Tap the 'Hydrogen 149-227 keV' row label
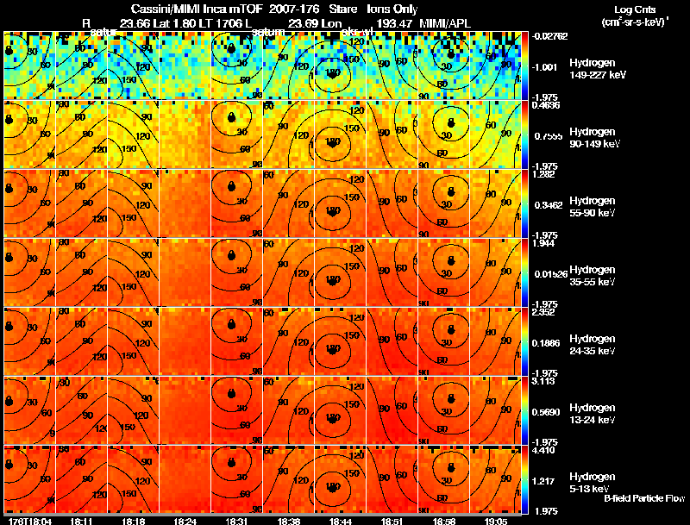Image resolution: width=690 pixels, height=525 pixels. click(594, 69)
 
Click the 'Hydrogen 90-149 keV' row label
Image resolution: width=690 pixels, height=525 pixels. click(593, 138)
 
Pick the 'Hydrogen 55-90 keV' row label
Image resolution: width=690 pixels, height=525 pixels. click(592, 207)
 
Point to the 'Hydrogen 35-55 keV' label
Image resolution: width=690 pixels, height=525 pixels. click(592, 276)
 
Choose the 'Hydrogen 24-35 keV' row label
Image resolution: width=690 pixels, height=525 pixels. click(592, 345)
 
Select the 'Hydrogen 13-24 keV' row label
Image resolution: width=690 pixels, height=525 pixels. click(592, 414)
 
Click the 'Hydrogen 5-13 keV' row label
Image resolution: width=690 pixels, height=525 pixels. click(592, 482)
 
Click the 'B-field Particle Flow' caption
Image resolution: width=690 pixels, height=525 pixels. click(643, 498)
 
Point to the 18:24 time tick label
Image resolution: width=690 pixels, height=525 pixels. click(185, 521)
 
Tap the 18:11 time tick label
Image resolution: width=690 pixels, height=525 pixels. click(81, 521)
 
